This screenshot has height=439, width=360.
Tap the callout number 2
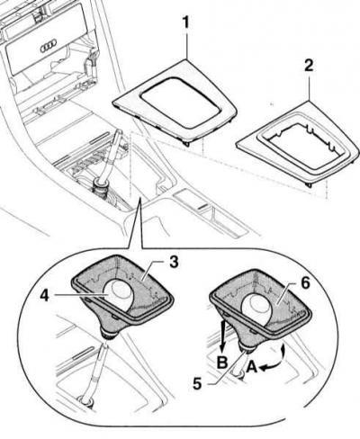(309, 66)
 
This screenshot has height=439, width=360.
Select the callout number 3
(174, 262)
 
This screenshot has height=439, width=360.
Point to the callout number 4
(44, 296)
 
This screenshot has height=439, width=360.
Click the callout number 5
(197, 384)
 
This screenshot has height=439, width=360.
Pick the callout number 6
(305, 283)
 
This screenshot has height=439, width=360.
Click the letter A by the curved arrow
(252, 366)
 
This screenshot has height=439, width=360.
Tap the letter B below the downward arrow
(222, 363)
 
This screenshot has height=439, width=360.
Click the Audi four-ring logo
(48, 48)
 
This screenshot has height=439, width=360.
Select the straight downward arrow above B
(223, 336)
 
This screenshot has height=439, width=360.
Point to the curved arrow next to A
(274, 358)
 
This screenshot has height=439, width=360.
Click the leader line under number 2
(309, 87)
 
